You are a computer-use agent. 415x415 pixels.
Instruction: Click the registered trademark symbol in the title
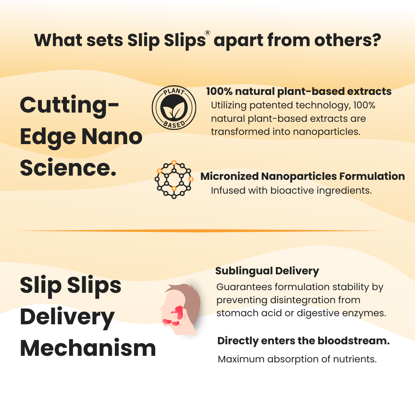pyautogui.click(x=207, y=33)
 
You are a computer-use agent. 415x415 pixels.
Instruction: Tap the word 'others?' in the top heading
pyautogui.click(x=347, y=40)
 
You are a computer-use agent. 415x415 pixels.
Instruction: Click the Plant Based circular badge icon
pyautogui.click(x=174, y=108)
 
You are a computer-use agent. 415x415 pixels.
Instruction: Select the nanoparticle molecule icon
pyautogui.click(x=174, y=179)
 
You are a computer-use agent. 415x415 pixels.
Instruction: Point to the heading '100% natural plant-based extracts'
pyautogui.click(x=299, y=91)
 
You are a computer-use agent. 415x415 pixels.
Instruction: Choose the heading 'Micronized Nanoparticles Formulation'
pyautogui.click(x=302, y=176)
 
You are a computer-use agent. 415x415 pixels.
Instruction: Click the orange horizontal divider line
pyautogui.click(x=200, y=231)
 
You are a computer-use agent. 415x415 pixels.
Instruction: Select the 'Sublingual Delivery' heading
pyautogui.click(x=267, y=271)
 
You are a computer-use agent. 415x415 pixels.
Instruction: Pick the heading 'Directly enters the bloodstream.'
pyautogui.click(x=304, y=341)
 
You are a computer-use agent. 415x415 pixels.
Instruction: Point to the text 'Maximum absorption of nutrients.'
pyautogui.click(x=297, y=359)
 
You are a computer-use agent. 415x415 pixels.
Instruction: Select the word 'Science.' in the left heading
pyautogui.click(x=68, y=168)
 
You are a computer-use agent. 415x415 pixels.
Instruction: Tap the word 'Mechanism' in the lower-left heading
pyautogui.click(x=88, y=348)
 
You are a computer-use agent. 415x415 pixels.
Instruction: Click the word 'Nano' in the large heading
pyautogui.click(x=112, y=136)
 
